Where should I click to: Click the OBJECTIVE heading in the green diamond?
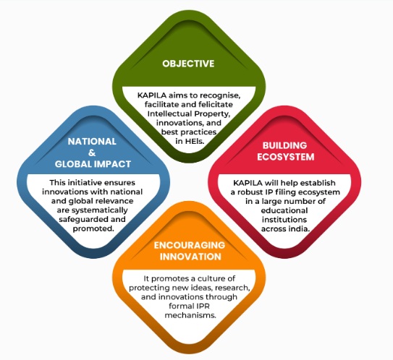188,64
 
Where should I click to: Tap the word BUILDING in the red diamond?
284,145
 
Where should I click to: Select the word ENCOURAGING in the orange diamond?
189,245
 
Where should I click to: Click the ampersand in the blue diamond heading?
92,153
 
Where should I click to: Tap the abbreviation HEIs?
195,141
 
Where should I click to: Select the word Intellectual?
166,113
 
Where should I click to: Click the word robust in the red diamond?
249,192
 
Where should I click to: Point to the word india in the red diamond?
299,229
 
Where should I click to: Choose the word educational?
284,210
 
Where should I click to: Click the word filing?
282,192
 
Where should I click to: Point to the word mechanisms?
190,315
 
